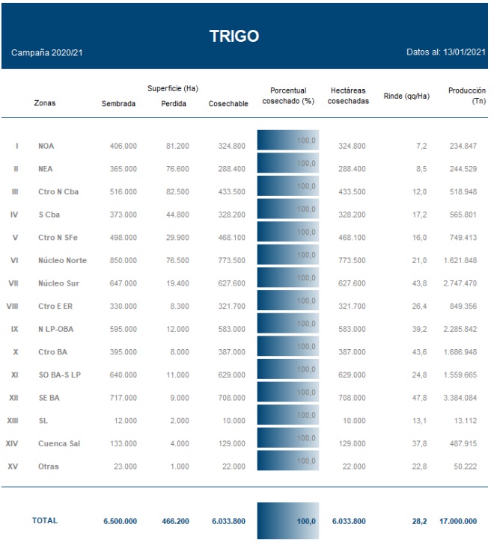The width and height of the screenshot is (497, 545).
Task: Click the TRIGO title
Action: [234, 36]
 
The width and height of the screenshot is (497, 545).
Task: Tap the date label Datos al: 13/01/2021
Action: [446, 53]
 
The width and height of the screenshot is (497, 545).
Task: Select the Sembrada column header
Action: [118, 104]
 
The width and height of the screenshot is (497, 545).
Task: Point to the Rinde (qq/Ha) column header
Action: [406, 96]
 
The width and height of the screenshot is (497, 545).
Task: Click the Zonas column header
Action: [45, 104]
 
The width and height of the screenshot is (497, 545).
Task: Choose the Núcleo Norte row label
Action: [62, 260]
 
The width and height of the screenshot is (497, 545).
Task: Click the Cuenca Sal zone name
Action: [58, 443]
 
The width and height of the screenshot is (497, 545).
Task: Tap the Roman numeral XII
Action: [13, 398]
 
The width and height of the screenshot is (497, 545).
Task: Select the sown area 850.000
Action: [120, 260]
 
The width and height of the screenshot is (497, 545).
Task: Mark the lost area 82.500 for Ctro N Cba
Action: [177, 192]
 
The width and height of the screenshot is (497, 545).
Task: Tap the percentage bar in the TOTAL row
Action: [288, 521]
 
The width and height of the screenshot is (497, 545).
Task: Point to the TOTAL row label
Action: [45, 520]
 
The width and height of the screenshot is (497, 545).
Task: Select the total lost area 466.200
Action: [175, 521]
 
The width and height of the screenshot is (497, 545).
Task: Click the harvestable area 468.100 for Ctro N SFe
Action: [228, 238]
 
